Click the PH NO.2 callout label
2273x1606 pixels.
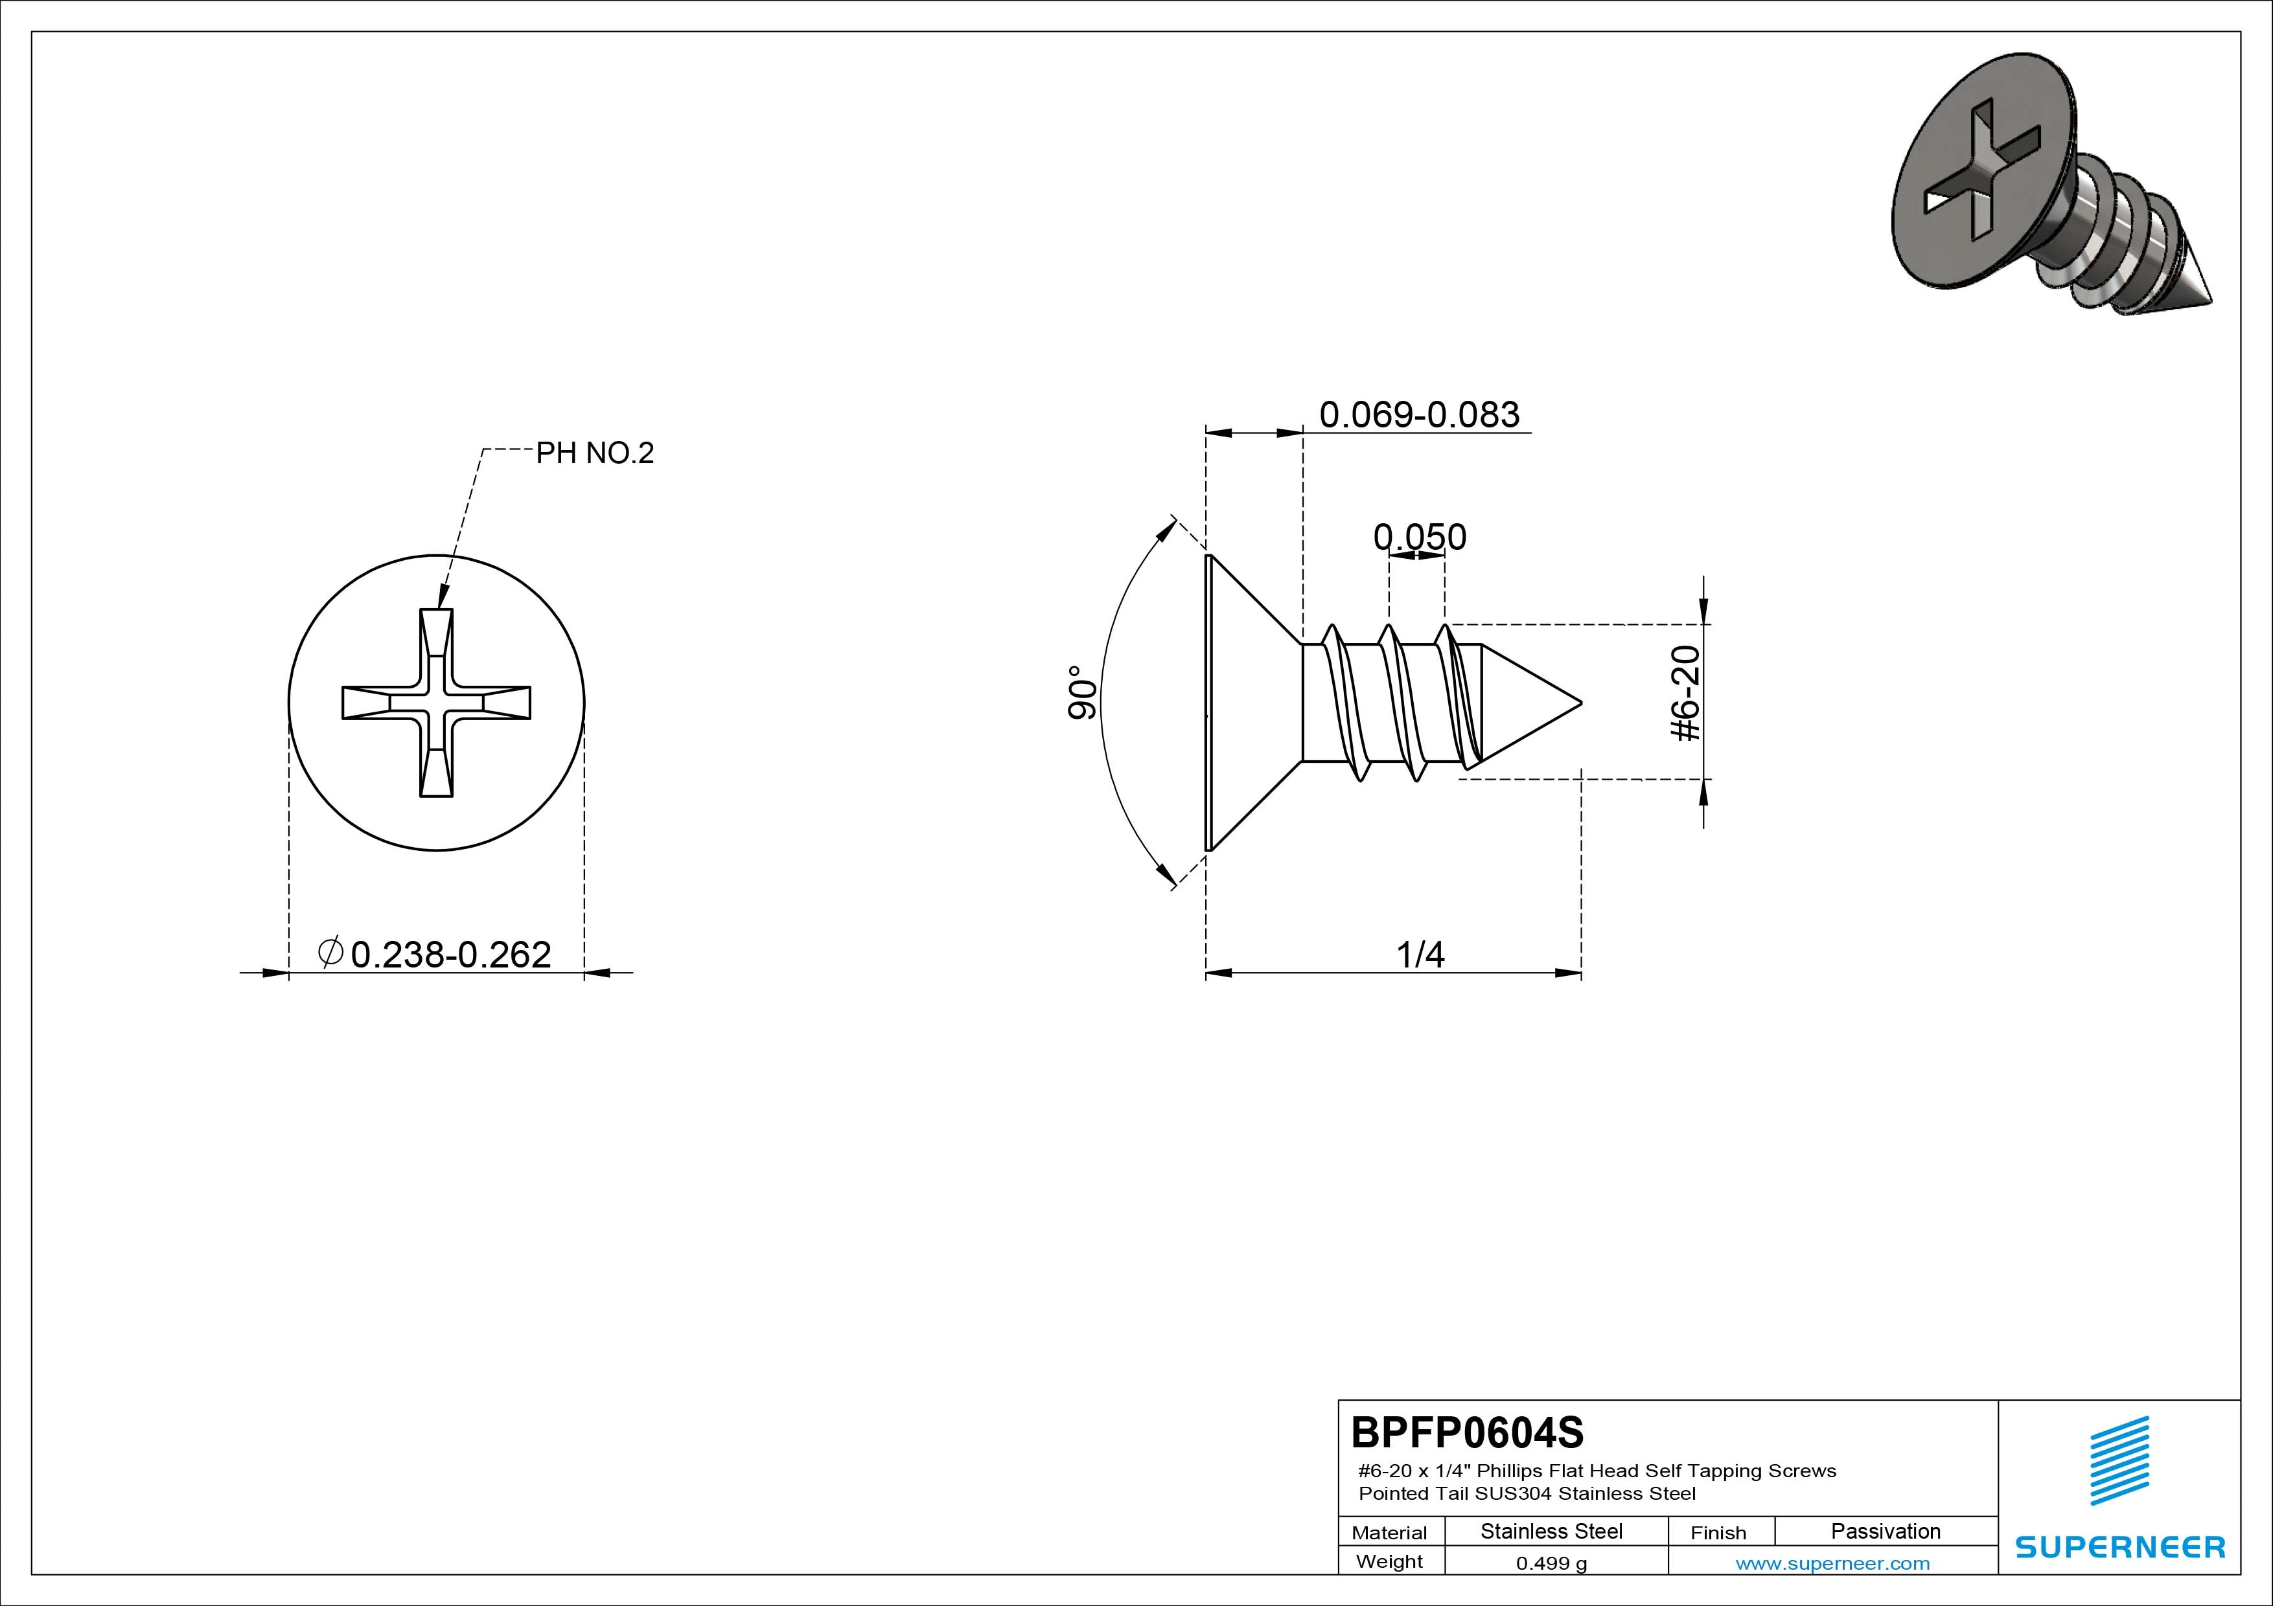(x=595, y=453)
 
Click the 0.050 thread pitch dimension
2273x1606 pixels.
(x=1420, y=537)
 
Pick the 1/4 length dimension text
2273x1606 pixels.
(x=1420, y=955)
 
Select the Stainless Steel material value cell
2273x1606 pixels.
(x=1551, y=1532)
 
